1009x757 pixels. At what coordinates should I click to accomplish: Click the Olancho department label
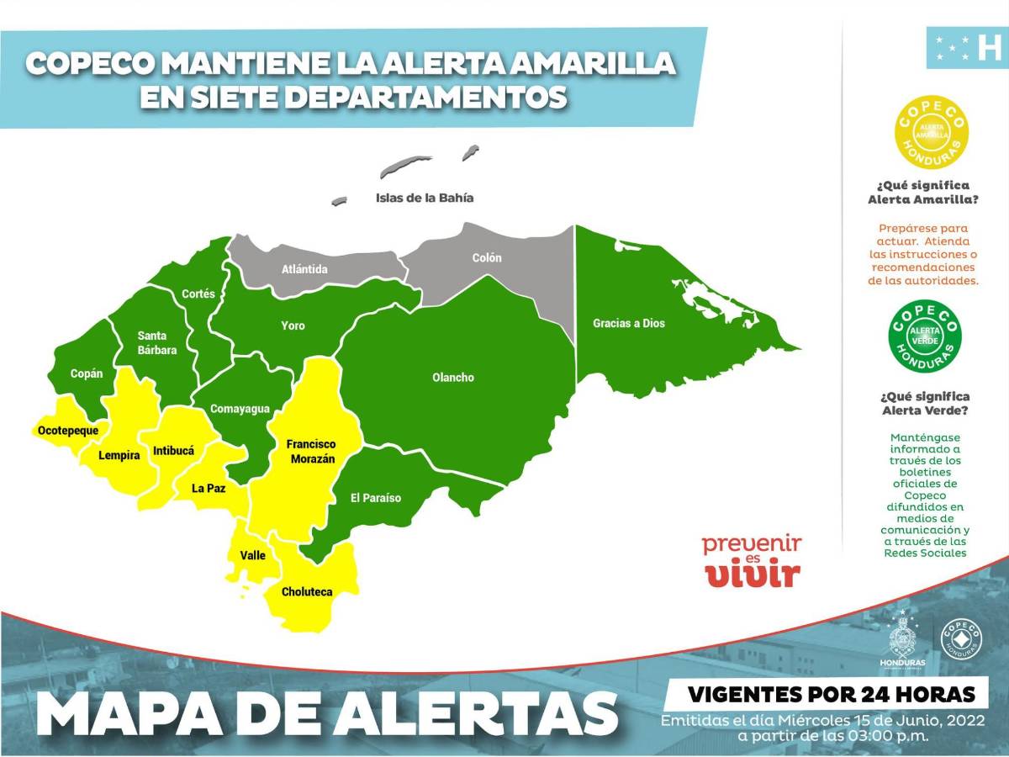tap(452, 378)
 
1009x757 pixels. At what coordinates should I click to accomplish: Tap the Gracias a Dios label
tap(628, 323)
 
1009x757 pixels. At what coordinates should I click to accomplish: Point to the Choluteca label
tap(307, 591)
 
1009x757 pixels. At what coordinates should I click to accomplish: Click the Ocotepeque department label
tap(66, 431)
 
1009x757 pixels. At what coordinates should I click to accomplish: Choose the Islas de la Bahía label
tap(424, 199)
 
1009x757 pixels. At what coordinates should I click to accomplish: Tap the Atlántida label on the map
tap(304, 269)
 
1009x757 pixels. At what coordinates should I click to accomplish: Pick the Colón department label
tap(486, 258)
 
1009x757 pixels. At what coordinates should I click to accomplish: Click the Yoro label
tap(293, 326)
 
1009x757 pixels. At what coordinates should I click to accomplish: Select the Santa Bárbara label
tap(157, 343)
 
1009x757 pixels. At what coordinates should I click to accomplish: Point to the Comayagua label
tap(240, 409)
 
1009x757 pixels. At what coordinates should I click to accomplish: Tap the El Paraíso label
tap(376, 498)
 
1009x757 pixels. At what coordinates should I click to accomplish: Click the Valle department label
tap(252, 555)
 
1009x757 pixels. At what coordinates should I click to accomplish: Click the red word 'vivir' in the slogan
tap(753, 574)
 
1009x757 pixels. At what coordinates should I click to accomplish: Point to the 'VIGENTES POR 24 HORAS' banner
tap(832, 695)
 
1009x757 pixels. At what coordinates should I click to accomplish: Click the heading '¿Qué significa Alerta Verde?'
tap(924, 403)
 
